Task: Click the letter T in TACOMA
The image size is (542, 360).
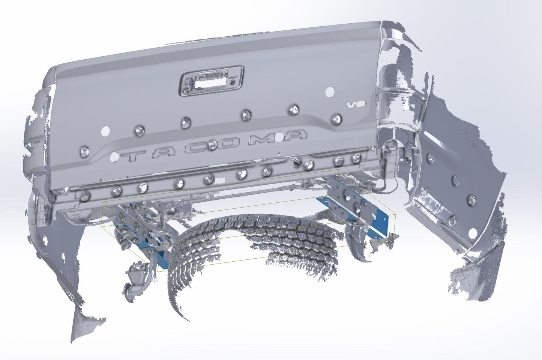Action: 136,155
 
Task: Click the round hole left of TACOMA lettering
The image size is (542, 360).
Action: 105,131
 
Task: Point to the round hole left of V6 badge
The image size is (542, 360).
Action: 330,91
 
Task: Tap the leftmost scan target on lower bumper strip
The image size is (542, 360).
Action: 86,195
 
